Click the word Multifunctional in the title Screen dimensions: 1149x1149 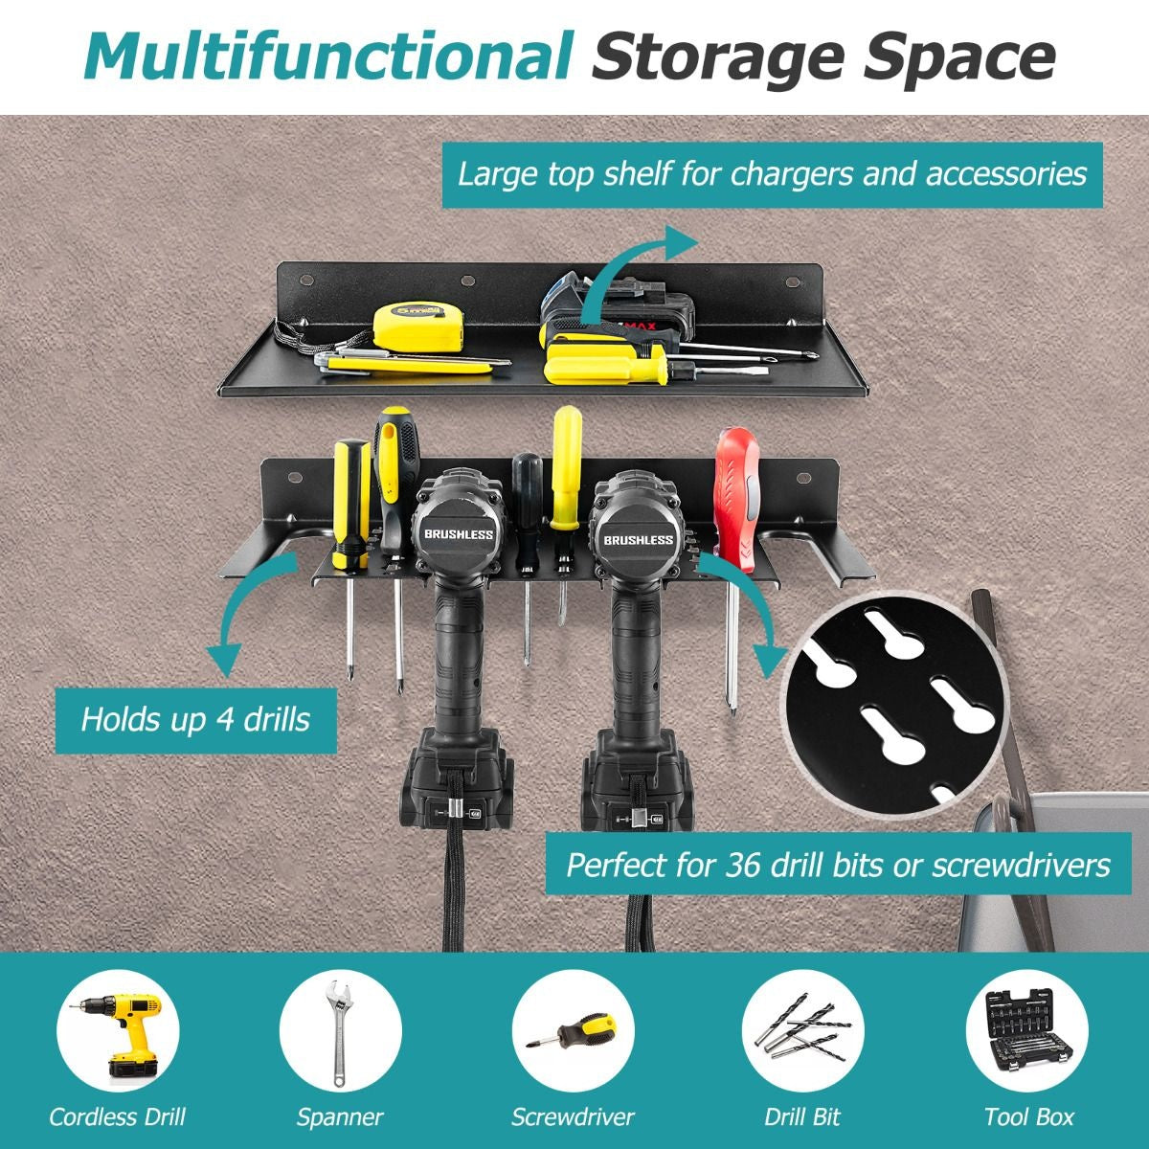(x=327, y=56)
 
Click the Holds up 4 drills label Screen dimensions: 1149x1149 (x=195, y=720)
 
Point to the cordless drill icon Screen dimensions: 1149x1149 (x=118, y=1031)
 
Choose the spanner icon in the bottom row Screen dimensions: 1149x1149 (x=341, y=1031)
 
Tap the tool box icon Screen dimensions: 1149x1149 (x=1026, y=1031)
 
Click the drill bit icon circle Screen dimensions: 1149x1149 (x=802, y=1031)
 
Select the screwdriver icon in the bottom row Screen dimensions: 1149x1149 (x=573, y=1031)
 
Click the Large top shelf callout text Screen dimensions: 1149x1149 (x=772, y=174)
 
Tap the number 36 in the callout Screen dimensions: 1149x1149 (x=742, y=866)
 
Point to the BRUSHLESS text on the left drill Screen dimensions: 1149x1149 (x=459, y=534)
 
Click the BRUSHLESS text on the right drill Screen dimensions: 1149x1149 (x=638, y=540)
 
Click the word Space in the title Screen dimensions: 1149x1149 (x=960, y=57)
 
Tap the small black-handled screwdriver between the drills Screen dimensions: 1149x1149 (x=527, y=554)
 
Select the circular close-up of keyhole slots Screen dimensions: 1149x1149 (x=896, y=707)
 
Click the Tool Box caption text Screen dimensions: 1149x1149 (x=1028, y=1116)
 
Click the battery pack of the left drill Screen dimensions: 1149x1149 (x=456, y=782)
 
